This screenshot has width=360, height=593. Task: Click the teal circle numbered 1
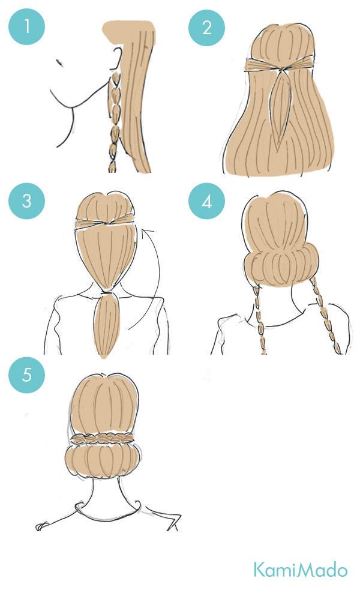tap(27, 27)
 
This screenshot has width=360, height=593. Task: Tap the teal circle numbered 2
tap(206, 28)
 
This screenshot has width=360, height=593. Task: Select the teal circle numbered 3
tap(27, 201)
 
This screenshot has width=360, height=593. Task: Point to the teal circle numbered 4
tap(206, 202)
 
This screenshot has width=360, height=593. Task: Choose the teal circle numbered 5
tap(27, 375)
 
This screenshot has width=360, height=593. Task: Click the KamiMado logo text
tap(300, 570)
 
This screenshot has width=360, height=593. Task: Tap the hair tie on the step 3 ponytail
tap(107, 292)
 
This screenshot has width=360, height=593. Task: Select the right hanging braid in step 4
tap(326, 316)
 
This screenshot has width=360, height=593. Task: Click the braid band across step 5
tap(102, 439)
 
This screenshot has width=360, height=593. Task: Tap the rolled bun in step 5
tap(103, 462)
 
